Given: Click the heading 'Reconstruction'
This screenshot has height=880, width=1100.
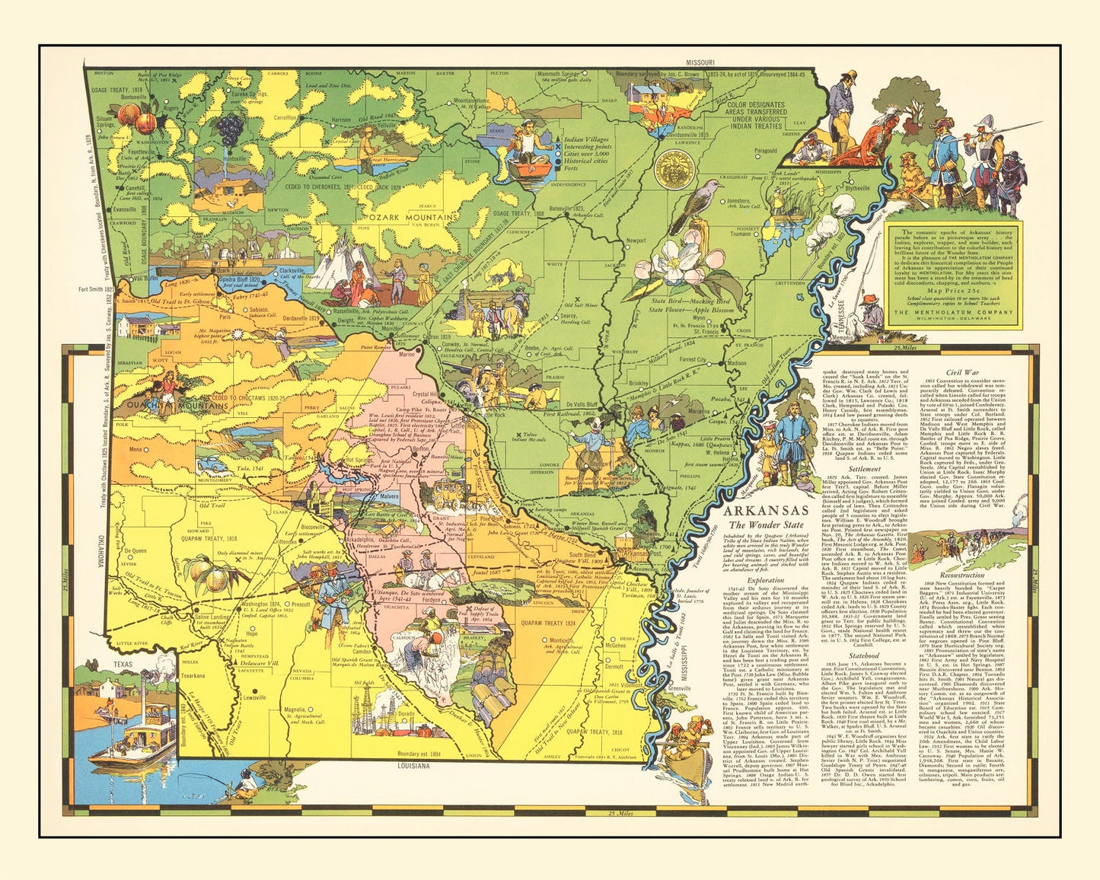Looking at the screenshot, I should (x=963, y=576).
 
